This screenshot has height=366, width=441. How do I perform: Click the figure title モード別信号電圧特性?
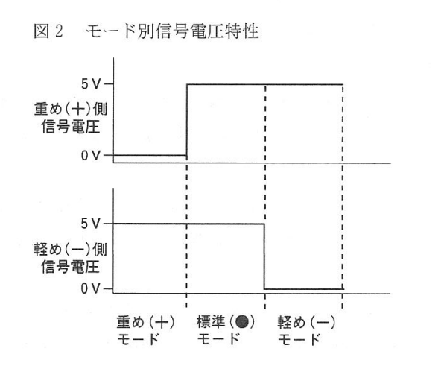[x=172, y=31]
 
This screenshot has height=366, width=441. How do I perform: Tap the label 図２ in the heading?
[x=48, y=31]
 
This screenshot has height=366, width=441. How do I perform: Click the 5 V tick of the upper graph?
[x=91, y=84]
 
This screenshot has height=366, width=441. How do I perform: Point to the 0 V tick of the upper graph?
[x=91, y=155]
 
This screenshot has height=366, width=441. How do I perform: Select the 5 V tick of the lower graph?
[x=91, y=224]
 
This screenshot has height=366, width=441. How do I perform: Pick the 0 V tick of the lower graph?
[x=91, y=289]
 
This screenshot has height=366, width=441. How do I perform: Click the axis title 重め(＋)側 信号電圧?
[x=70, y=119]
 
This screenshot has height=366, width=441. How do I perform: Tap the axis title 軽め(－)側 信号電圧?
[x=70, y=258]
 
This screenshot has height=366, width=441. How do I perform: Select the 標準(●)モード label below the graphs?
[x=226, y=330]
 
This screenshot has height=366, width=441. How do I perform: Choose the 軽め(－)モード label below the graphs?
[x=306, y=330]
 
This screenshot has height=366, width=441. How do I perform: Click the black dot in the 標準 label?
[x=242, y=322]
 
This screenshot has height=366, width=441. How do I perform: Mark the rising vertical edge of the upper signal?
[x=187, y=120]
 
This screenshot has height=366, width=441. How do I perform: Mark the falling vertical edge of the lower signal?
[x=264, y=256]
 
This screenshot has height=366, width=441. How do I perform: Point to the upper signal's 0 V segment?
[x=146, y=155]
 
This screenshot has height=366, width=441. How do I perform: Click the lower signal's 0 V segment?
[x=304, y=289]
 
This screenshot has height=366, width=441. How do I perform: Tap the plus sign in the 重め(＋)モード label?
[x=162, y=322]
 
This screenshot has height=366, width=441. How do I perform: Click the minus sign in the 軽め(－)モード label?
[x=323, y=322]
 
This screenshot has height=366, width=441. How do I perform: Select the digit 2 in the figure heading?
[x=59, y=31]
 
